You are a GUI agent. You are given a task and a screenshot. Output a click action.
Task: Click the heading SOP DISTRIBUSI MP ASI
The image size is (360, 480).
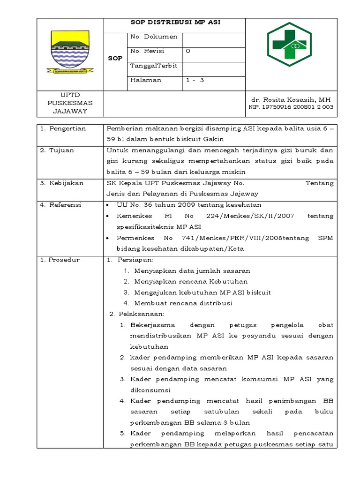(x=174, y=22)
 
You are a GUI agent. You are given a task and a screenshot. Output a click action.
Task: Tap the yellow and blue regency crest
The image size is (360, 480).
(x=70, y=51)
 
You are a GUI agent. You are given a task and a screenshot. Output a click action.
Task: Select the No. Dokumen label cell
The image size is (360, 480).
(x=154, y=37)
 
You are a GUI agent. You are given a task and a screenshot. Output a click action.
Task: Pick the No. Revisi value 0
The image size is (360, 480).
(x=188, y=51)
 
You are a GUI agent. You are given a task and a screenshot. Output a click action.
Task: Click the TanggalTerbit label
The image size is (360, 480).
(x=154, y=66)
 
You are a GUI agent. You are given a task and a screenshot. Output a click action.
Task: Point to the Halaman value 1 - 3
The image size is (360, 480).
(x=195, y=80)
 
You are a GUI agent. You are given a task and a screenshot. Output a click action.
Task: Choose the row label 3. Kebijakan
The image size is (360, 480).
(x=66, y=183)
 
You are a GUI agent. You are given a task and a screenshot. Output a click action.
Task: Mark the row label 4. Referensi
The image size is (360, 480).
(x=66, y=205)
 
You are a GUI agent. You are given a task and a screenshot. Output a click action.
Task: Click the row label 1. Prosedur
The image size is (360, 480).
(x=64, y=260)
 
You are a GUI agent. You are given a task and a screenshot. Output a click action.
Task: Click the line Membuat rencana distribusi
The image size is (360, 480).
(x=183, y=303)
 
